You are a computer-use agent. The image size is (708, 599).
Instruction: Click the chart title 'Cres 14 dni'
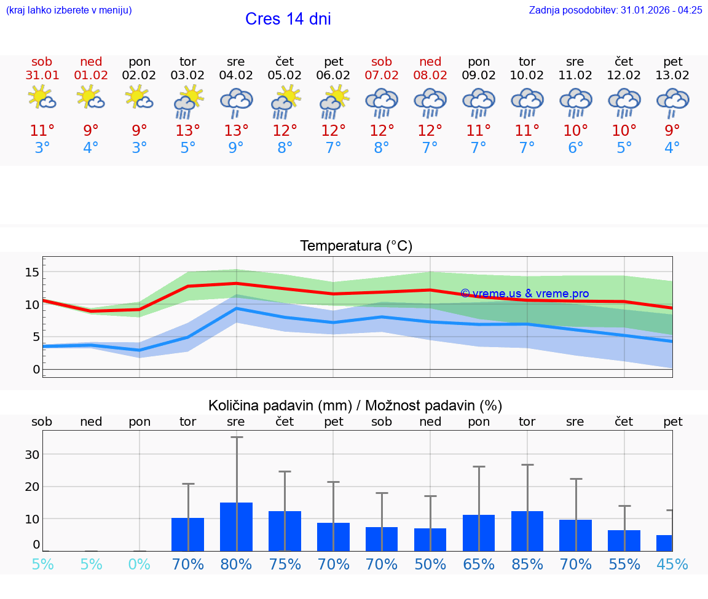(288, 19)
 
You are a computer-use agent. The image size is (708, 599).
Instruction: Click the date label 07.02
(382, 76)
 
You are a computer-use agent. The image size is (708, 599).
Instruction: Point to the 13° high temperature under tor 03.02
(188, 131)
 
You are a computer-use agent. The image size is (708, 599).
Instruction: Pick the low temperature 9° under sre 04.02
(237, 148)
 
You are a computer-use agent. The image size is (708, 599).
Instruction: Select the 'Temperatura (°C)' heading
(356, 246)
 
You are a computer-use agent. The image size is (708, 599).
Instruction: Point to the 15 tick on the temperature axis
(32, 272)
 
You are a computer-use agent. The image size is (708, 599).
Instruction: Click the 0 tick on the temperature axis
(36, 369)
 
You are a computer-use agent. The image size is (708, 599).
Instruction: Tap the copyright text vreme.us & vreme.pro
(524, 294)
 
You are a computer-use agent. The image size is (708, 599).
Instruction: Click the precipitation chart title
(355, 405)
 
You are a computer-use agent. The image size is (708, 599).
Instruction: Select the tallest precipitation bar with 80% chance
(237, 527)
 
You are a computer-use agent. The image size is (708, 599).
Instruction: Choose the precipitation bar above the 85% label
(527, 531)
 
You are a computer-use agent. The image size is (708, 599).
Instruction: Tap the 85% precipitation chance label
(527, 565)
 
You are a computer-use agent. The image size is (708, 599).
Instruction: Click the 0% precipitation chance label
(140, 565)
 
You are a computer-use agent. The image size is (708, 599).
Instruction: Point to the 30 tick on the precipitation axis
(32, 455)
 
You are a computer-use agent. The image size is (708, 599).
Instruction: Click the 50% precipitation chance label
(430, 565)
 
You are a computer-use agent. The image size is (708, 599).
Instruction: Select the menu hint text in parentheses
(69, 10)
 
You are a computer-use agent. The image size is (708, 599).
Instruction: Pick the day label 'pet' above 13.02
(673, 61)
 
